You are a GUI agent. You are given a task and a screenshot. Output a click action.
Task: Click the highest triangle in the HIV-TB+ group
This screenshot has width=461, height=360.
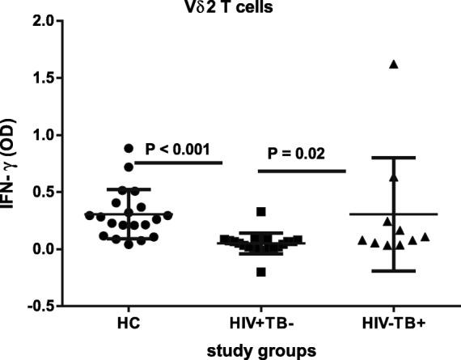point(394,64)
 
